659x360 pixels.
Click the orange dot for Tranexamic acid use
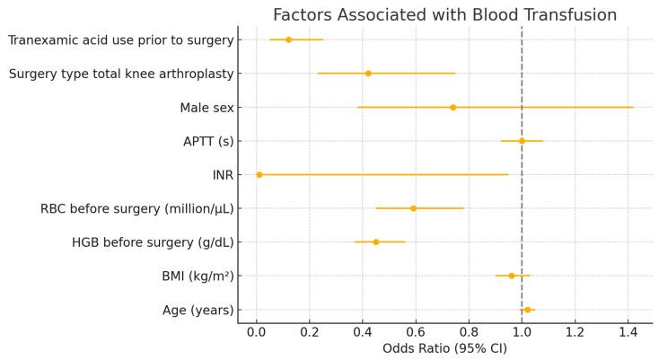click(x=288, y=40)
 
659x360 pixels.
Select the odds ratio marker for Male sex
click(x=453, y=107)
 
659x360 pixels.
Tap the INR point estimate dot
click(x=259, y=174)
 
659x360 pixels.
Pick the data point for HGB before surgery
click(x=376, y=241)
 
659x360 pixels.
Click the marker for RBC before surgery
click(x=413, y=208)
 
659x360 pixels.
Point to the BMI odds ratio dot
click(x=512, y=276)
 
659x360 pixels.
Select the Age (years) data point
click(x=527, y=310)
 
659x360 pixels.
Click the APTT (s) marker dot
click(x=522, y=141)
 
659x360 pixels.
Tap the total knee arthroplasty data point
click(x=368, y=74)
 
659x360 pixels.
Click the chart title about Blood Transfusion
click(x=444, y=15)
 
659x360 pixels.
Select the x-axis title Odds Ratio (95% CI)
click(x=444, y=348)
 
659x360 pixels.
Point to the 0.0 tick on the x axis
click(x=257, y=331)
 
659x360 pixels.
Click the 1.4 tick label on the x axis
click(x=628, y=331)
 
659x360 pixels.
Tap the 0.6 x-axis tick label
click(x=416, y=331)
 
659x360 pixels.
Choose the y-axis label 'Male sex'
click(x=206, y=108)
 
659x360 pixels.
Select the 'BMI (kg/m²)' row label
click(x=195, y=277)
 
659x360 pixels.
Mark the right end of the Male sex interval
click(x=633, y=107)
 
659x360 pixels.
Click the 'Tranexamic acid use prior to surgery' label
click(x=121, y=40)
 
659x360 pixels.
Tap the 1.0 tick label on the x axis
click(x=522, y=331)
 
